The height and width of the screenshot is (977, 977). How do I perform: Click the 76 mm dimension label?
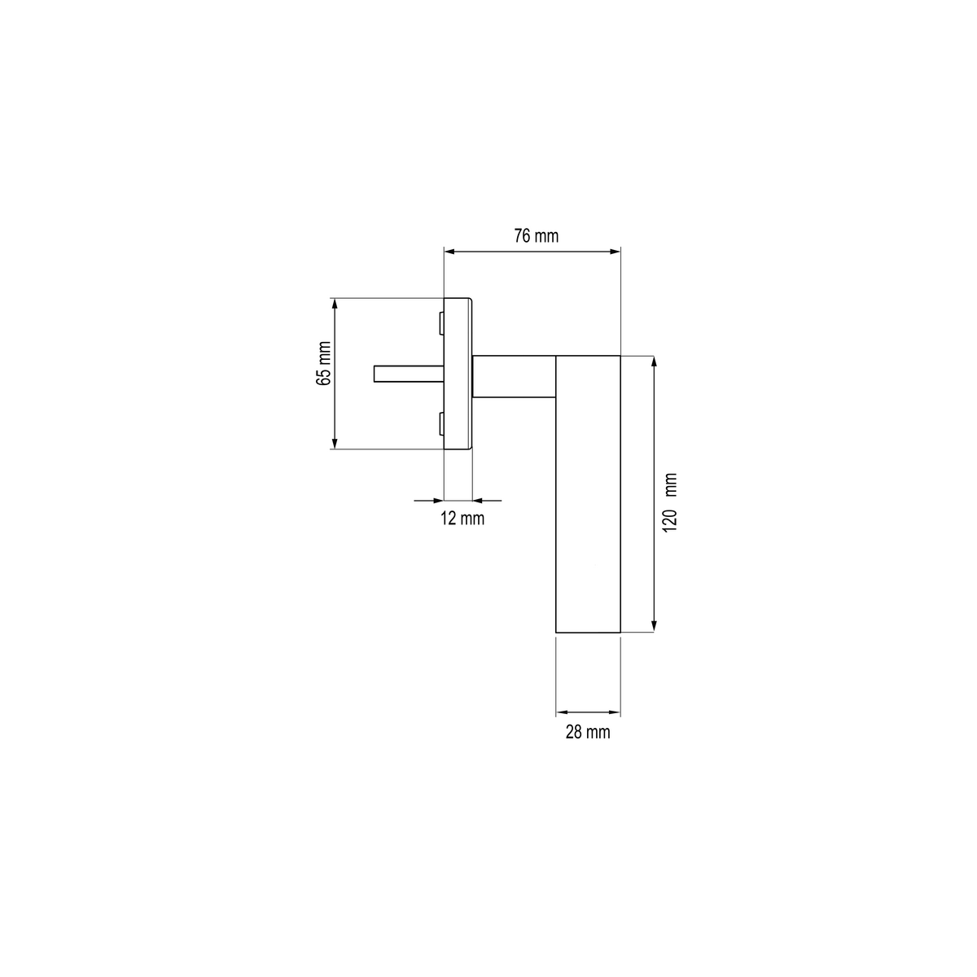536,236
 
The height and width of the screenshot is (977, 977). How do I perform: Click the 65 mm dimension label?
323,363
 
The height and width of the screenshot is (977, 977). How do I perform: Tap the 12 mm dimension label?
462,519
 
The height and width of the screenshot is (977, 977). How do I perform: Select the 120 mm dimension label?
670,502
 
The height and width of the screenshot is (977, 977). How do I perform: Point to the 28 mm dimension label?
588,732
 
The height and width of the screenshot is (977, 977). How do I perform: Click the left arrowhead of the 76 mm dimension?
449,252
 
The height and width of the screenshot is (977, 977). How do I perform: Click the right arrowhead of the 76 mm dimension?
615,252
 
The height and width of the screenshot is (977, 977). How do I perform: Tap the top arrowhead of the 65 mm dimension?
334,304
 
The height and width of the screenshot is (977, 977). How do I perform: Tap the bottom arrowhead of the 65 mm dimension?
334,443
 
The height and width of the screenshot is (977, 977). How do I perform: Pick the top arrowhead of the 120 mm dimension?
654,361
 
